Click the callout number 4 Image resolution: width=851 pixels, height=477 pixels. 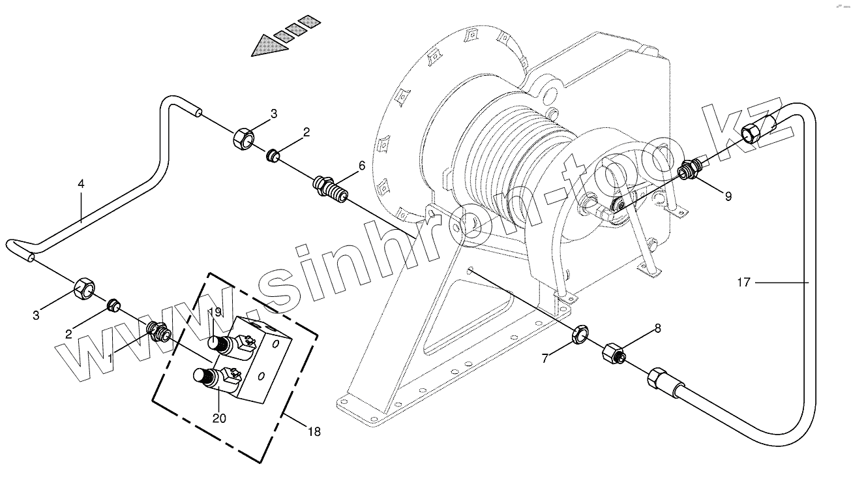[x=81, y=185]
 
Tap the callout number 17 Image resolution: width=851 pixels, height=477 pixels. [x=744, y=283]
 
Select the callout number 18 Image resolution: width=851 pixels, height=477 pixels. [x=314, y=432]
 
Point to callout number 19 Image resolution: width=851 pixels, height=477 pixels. [x=216, y=312]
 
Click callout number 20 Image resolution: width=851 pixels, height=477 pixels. [x=219, y=418]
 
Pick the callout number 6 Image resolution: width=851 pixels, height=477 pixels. [x=363, y=167]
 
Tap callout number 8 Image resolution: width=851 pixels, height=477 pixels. [x=657, y=329]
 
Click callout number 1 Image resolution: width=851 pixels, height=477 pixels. [x=110, y=358]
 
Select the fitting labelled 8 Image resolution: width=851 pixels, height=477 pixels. [x=613, y=353]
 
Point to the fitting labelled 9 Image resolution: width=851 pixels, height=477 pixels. [x=688, y=169]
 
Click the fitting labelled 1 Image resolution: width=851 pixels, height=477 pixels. [x=158, y=331]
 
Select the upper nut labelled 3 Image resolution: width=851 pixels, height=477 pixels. [x=244, y=138]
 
